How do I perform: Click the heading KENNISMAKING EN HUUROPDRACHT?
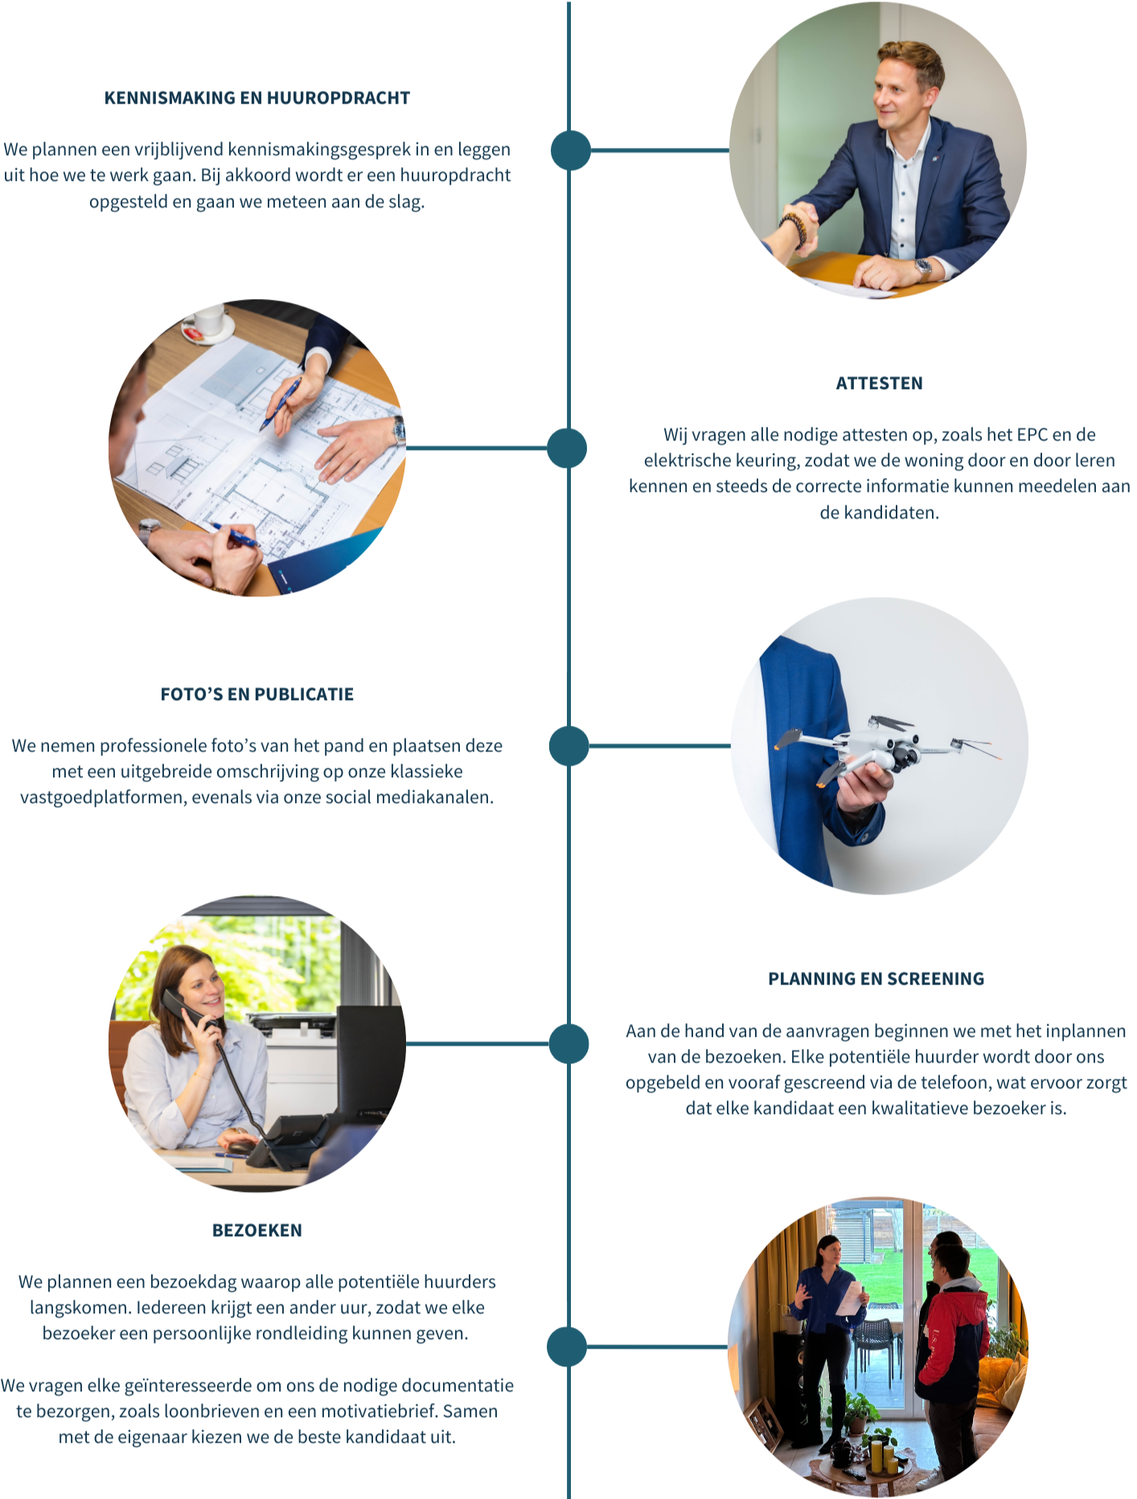[257, 98]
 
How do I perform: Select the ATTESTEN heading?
[879, 383]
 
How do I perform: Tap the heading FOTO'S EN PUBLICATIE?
[257, 694]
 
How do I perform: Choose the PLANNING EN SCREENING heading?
[876, 979]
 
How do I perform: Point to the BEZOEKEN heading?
[257, 1231]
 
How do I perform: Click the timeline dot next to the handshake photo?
[571, 150]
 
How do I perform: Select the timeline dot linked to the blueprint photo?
[567, 448]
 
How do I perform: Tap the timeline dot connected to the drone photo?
[569, 746]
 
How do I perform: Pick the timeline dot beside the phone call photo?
[569, 1044]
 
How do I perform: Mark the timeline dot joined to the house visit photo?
[567, 1346]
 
